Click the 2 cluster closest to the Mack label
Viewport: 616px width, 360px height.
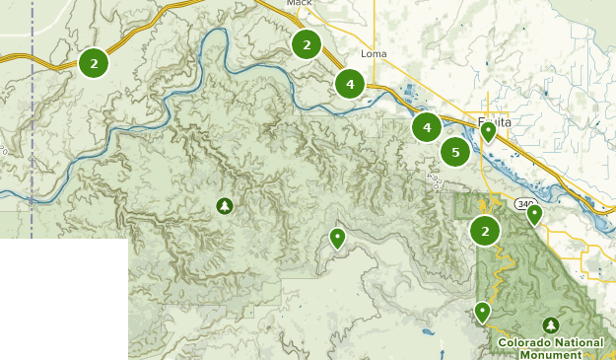click(x=307, y=44)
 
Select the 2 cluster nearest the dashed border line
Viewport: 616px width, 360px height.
click(x=94, y=63)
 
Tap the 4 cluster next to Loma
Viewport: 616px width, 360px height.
click(x=350, y=84)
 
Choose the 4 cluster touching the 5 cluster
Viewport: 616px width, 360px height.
click(x=427, y=127)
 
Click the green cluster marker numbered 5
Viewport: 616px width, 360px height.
click(x=454, y=152)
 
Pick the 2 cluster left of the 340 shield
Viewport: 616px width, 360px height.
click(x=484, y=231)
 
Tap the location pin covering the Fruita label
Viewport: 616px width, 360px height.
click(x=488, y=132)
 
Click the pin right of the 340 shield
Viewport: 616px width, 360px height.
click(x=534, y=213)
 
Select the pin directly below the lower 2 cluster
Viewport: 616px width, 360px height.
click(x=482, y=312)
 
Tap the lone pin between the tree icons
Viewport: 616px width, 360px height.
click(x=337, y=238)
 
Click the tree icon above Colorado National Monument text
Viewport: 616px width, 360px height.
click(x=550, y=324)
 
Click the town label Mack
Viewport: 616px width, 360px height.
click(x=299, y=4)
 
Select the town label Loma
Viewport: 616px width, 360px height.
click(x=375, y=53)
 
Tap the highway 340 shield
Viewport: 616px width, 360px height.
click(x=522, y=204)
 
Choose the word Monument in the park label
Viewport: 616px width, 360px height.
click(x=550, y=354)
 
